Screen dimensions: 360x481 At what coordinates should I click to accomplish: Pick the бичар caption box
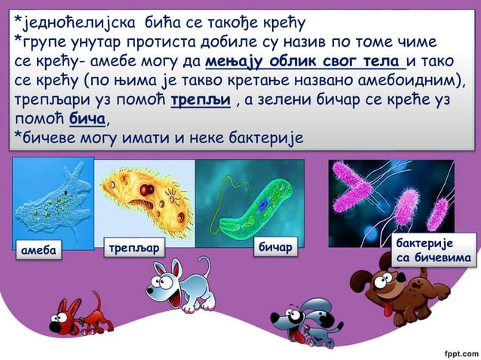coord(275,246)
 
